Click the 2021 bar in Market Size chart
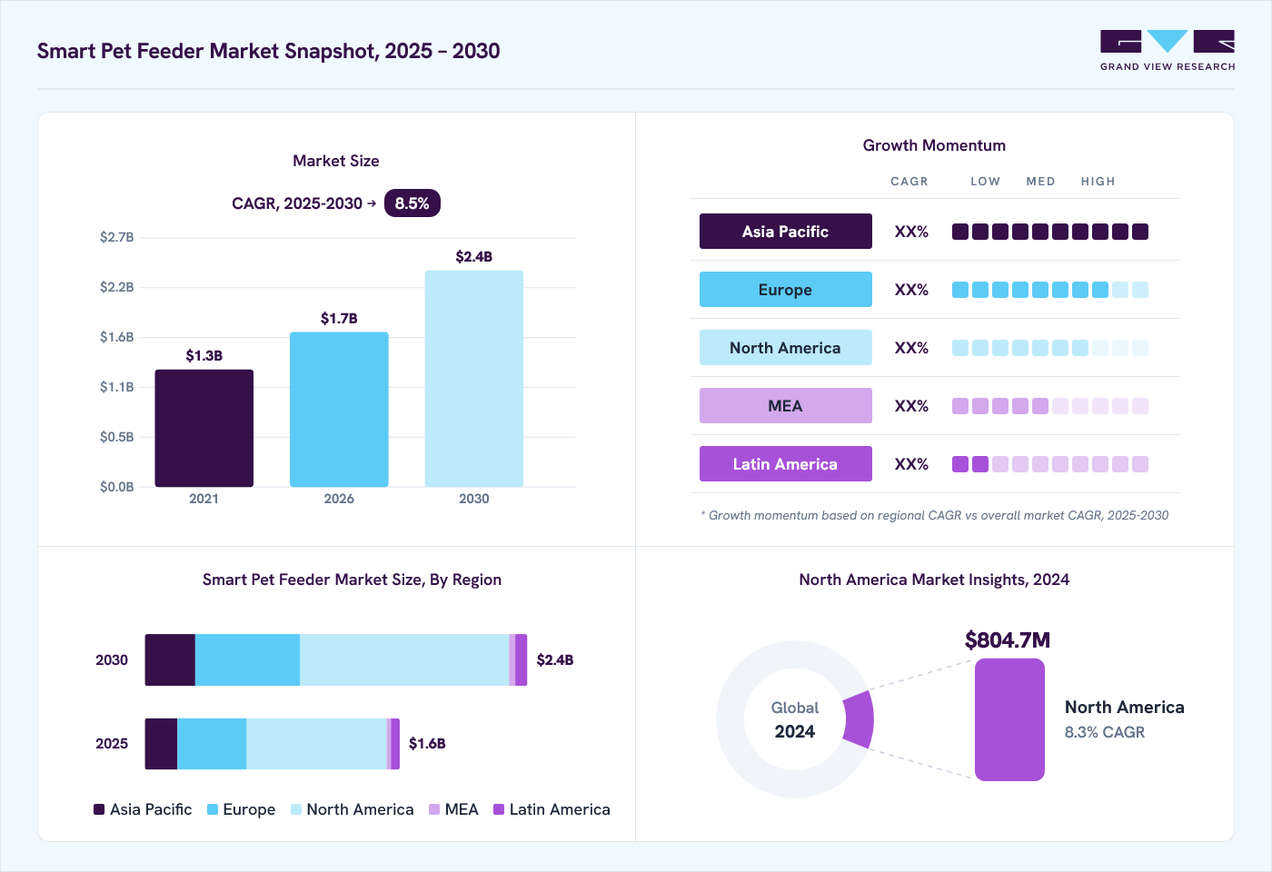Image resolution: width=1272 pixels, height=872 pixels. click(x=204, y=428)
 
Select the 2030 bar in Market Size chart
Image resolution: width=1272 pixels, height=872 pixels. click(x=474, y=379)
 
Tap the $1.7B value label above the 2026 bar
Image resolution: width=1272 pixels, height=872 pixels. click(x=339, y=319)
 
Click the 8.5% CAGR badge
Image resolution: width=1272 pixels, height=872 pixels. click(x=412, y=203)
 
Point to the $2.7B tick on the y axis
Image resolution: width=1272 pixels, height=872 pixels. click(x=116, y=237)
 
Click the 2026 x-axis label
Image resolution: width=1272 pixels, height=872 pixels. click(x=339, y=499)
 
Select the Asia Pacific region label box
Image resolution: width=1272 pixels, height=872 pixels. click(x=785, y=231)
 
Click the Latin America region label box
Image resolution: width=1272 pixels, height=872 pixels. click(x=785, y=464)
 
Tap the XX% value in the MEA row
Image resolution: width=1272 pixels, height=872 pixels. click(x=911, y=406)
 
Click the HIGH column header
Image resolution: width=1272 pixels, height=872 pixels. click(x=1098, y=181)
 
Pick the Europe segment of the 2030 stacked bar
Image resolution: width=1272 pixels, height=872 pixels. click(x=247, y=659)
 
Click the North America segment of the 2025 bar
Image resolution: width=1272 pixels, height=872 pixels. click(x=316, y=744)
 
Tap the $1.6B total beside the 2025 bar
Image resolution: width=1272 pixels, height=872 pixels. click(x=427, y=744)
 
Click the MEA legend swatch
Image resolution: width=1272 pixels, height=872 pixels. click(x=434, y=809)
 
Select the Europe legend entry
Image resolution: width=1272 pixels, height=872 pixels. click(x=242, y=809)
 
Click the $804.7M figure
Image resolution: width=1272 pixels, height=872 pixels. click(x=1008, y=639)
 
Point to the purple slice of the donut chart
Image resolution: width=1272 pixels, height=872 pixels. click(x=859, y=719)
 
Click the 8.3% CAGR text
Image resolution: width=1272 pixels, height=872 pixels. click(x=1105, y=732)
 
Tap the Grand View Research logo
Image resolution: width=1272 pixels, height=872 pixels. click(x=1168, y=51)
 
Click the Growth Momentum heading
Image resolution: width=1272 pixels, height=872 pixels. click(x=934, y=145)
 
